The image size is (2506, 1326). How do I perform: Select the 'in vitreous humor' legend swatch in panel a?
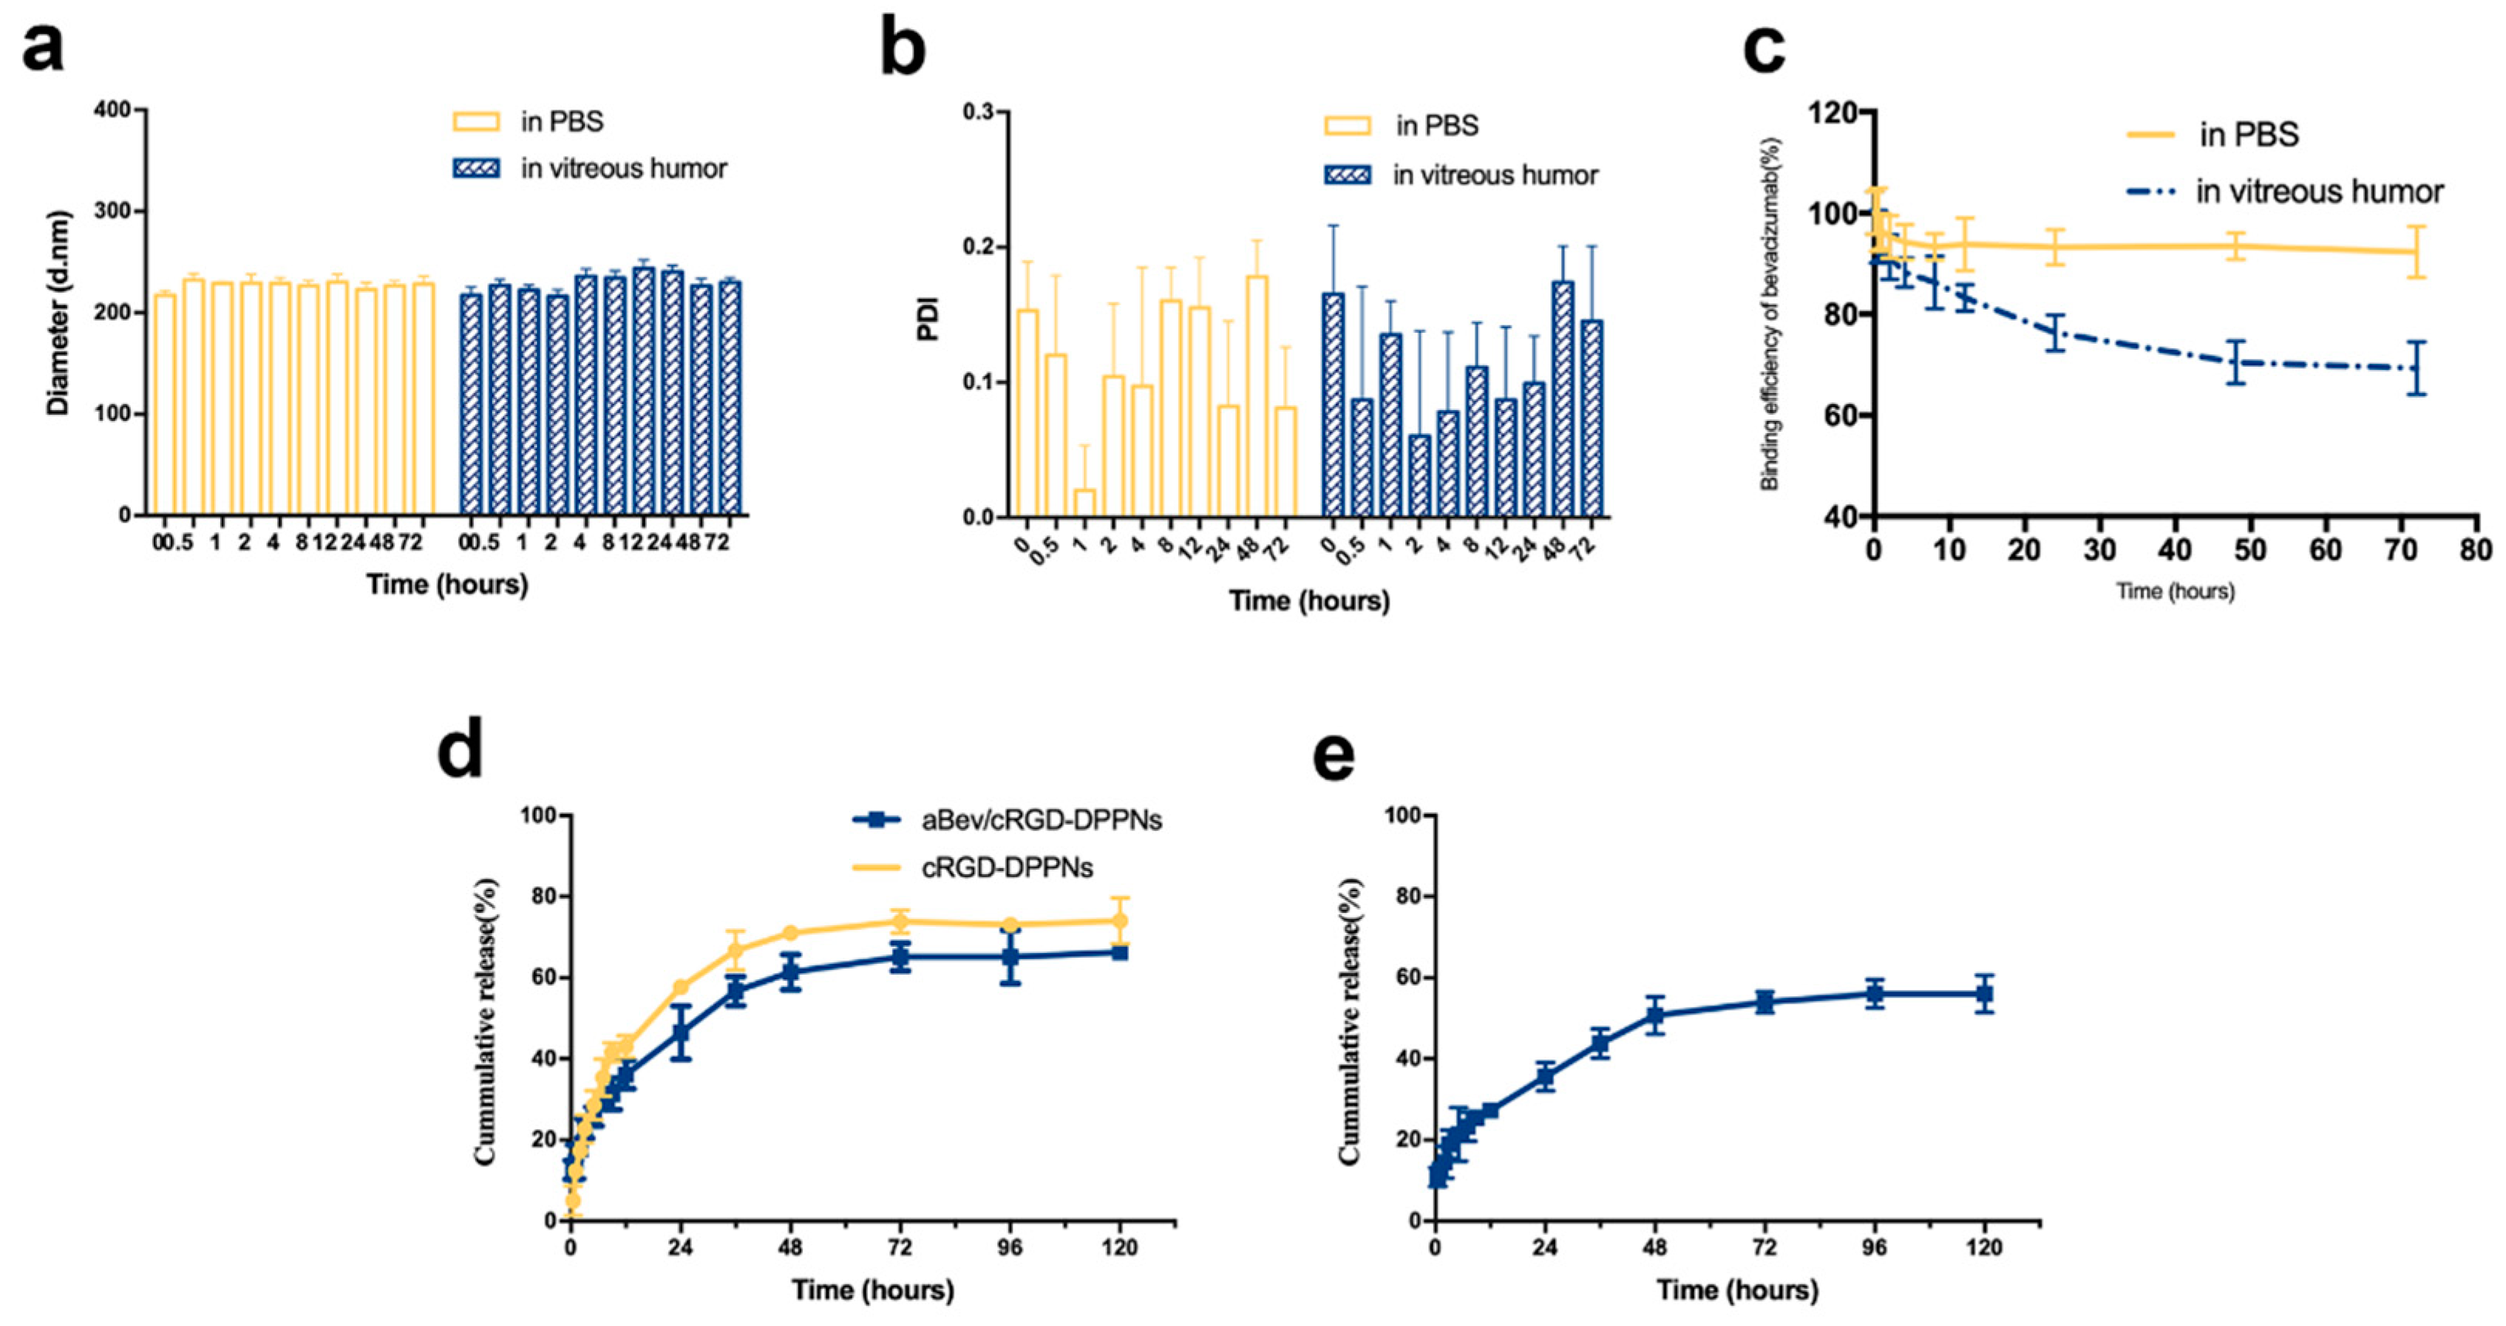[x=476, y=168]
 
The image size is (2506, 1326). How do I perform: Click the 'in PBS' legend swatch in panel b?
[x=1347, y=126]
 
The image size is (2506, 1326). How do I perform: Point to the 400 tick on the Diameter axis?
[x=113, y=110]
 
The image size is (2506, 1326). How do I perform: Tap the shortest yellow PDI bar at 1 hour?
[x=1084, y=502]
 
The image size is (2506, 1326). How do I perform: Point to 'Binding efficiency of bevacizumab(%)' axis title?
[x=1771, y=314]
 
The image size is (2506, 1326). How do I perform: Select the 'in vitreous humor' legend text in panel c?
[x=2319, y=192]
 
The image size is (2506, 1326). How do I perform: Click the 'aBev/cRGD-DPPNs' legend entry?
[x=1041, y=820]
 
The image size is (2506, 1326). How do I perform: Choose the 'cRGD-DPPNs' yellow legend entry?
[x=1007, y=866]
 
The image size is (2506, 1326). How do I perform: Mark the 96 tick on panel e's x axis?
[x=1875, y=1247]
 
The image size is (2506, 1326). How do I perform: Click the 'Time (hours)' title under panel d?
[x=873, y=1290]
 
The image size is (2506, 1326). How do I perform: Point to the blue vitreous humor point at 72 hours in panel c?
[x=2416, y=368]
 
